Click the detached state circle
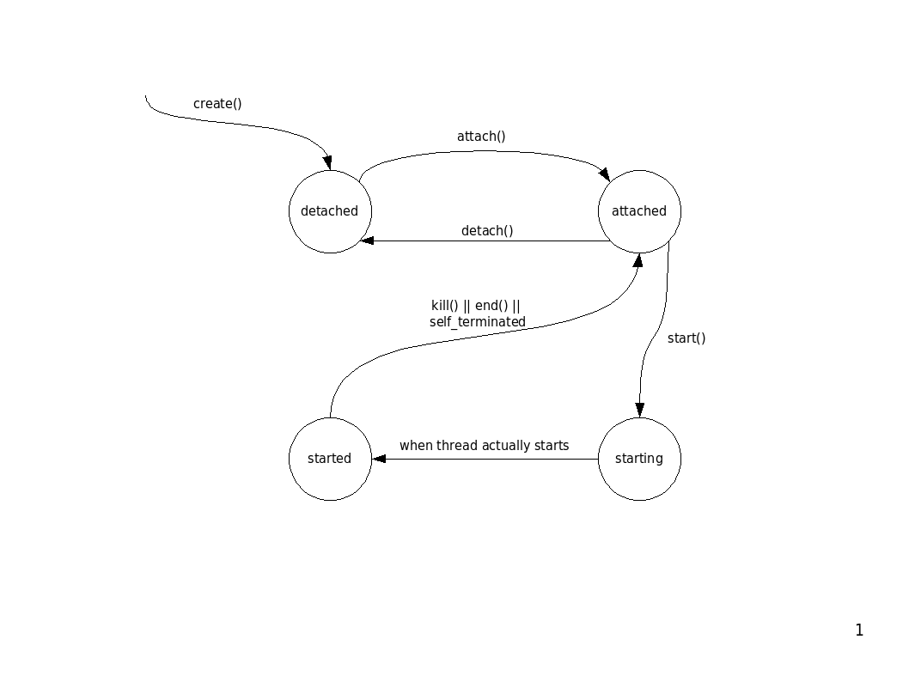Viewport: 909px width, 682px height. [330, 211]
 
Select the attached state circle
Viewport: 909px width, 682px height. [639, 211]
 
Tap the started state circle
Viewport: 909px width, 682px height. [330, 459]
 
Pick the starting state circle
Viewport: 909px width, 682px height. [639, 459]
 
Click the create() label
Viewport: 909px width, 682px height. [217, 104]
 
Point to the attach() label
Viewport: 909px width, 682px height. [481, 137]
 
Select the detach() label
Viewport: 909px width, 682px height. [487, 230]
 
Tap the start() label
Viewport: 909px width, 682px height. [686, 338]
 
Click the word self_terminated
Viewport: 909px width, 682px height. [478, 322]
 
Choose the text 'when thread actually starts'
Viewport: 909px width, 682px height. [484, 446]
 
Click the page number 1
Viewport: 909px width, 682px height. [859, 630]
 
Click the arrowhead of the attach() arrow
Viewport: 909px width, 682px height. [604, 174]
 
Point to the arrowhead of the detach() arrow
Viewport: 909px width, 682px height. [367, 241]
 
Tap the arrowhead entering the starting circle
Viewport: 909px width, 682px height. [639, 411]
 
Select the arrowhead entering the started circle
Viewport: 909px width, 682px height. [379, 459]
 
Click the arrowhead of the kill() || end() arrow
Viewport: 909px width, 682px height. [638, 259]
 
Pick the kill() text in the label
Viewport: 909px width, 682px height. [445, 306]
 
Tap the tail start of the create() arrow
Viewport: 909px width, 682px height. [146, 96]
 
